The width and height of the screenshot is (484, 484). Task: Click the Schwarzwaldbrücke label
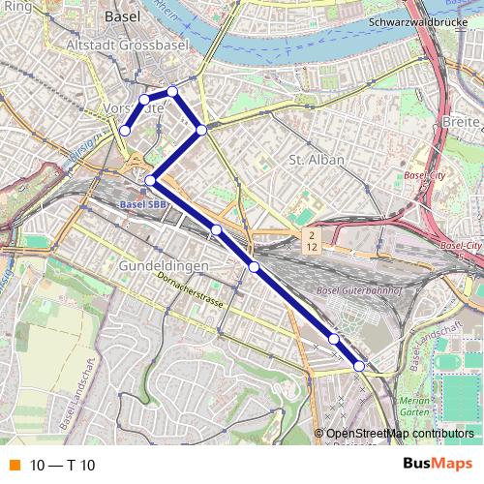[x=412, y=21]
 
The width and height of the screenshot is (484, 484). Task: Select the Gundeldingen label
[x=157, y=265]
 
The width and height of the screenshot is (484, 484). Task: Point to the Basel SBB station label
[x=143, y=205]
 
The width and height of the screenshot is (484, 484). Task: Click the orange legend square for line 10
[x=14, y=466]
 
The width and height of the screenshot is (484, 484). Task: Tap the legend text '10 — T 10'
[x=63, y=466]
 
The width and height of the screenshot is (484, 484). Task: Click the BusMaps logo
[x=437, y=465]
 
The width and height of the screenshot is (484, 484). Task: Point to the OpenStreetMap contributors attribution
[x=400, y=434]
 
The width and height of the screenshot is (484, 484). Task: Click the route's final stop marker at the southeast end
[x=359, y=366]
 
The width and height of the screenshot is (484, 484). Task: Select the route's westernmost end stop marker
[x=125, y=131]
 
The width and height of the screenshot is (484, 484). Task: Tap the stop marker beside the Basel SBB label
[x=151, y=181]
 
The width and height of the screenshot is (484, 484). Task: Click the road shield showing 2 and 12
[x=311, y=242]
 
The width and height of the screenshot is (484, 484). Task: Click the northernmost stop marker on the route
[x=172, y=92]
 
